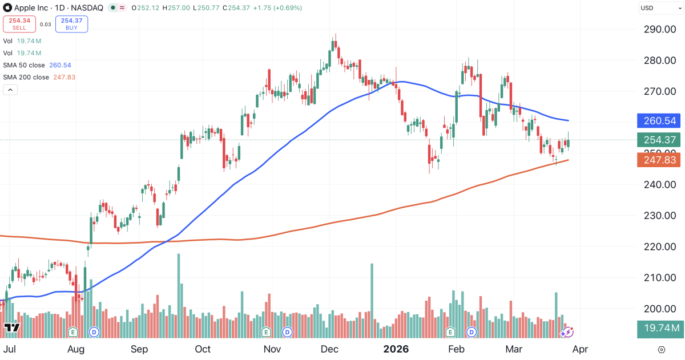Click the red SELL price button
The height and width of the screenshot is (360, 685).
point(19,23)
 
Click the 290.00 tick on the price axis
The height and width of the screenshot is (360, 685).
point(660,30)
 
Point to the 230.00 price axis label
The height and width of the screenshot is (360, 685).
point(660,216)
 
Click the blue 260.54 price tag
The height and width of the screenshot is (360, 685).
point(660,120)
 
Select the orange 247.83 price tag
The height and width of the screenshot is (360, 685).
point(660,161)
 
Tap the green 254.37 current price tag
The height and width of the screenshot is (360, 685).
point(660,140)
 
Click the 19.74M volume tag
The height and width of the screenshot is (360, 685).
point(660,328)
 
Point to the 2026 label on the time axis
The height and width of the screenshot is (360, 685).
point(396,349)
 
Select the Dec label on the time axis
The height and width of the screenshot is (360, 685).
point(329,349)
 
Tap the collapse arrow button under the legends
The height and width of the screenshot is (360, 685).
point(10,90)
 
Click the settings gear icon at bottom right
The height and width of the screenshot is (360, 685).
point(661,349)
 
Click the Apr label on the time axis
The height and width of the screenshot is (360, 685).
point(581,349)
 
